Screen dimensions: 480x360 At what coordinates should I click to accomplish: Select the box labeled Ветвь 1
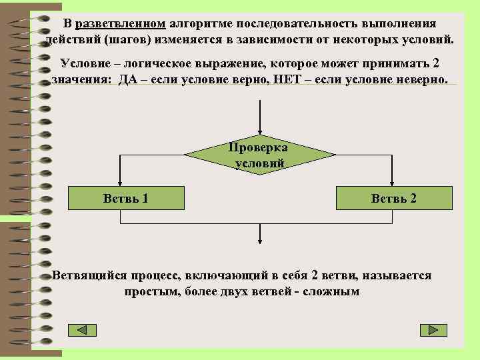coord(125,198)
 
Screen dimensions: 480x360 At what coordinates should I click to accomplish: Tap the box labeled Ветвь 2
coord(394,198)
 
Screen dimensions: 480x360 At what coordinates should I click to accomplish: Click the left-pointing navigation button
coord(83,330)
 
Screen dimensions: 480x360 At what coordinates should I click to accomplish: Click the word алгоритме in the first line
coord(197,23)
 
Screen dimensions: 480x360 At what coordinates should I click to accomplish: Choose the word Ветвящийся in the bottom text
coord(85,275)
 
